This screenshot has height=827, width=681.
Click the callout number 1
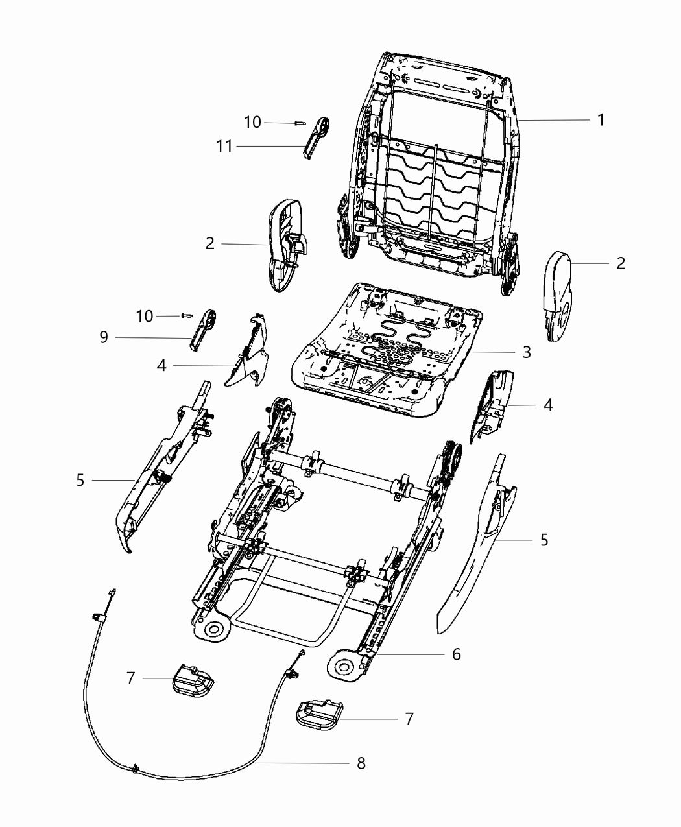click(601, 120)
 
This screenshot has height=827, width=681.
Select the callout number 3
click(526, 352)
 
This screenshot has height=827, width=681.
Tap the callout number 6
click(456, 654)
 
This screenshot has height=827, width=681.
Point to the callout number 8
click(361, 763)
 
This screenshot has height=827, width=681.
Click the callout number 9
click(103, 337)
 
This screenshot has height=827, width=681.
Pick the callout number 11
click(224, 147)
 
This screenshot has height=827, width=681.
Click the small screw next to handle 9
click(187, 315)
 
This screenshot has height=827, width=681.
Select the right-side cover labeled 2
click(558, 295)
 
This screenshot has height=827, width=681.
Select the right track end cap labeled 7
click(317, 714)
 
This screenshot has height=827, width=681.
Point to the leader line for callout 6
click(409, 654)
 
